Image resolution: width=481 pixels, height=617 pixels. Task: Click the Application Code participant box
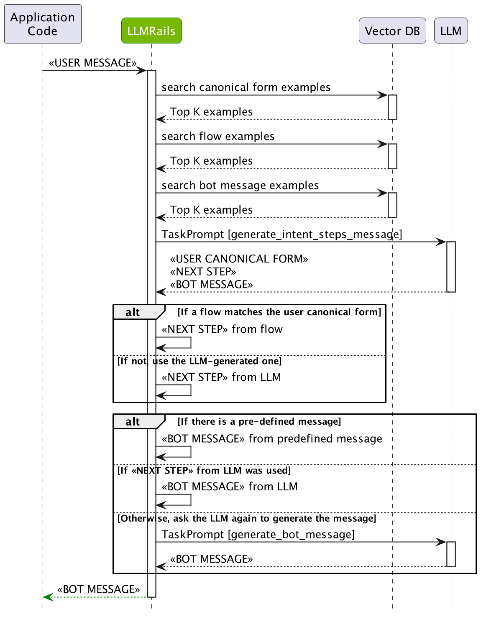point(43,24)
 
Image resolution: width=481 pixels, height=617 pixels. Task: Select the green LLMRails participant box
point(151,31)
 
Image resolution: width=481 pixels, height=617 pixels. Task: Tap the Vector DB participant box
point(392,31)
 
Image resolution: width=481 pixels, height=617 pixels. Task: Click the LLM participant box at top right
point(450,31)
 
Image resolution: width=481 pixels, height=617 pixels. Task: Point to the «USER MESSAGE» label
point(92,63)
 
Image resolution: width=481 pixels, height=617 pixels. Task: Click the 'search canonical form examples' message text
point(246,87)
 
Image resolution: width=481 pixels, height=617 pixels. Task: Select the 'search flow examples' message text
point(218,136)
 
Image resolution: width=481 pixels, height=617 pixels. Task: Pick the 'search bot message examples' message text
point(240,185)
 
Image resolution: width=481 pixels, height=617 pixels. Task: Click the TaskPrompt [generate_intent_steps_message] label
point(281,235)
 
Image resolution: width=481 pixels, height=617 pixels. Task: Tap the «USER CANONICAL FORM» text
point(239,259)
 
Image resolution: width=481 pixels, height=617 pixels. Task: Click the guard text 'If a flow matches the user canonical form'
point(279,312)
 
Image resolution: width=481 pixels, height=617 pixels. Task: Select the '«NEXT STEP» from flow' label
point(222,329)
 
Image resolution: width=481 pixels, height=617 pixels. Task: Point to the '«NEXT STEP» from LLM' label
point(221,377)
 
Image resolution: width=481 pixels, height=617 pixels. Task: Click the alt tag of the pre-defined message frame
point(133,422)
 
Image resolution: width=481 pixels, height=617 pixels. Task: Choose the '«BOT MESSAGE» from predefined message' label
point(272,439)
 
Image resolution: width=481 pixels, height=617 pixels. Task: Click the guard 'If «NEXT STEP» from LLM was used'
point(204,470)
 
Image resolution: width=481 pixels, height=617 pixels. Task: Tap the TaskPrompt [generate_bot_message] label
point(258,535)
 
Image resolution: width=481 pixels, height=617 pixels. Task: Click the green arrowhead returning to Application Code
point(48,597)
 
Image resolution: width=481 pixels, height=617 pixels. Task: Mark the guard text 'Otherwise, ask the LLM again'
point(247,518)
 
